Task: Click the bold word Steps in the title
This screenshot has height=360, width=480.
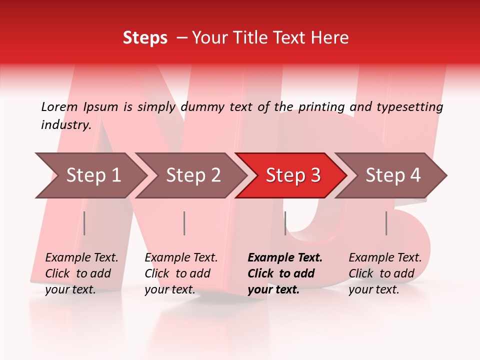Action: coord(145,38)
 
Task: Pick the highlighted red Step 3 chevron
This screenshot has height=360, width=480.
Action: coord(293,175)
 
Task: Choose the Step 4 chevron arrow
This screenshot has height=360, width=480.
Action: coord(393,175)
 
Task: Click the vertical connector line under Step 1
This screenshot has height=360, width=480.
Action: coord(84,223)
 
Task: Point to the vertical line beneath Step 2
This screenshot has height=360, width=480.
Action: coord(184,223)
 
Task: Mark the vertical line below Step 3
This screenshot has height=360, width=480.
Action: coord(285,223)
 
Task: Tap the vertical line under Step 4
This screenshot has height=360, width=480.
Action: coord(386,223)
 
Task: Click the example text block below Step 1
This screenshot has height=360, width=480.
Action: coord(81,273)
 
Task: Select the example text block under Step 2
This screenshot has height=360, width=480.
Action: coord(181,273)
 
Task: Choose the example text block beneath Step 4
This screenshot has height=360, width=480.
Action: coord(385,273)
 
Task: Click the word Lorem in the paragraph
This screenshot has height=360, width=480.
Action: coord(59,106)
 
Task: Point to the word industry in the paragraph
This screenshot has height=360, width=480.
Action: coord(66,124)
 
